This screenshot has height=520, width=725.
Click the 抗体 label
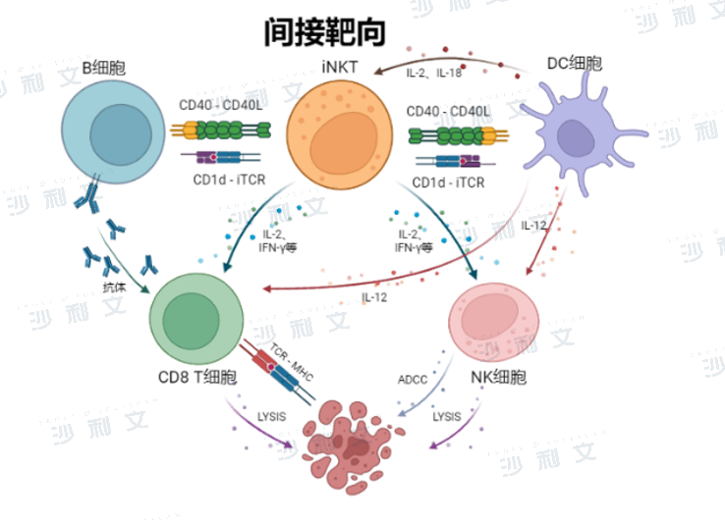tap(115, 287)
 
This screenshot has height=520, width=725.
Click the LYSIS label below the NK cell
tap(447, 417)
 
